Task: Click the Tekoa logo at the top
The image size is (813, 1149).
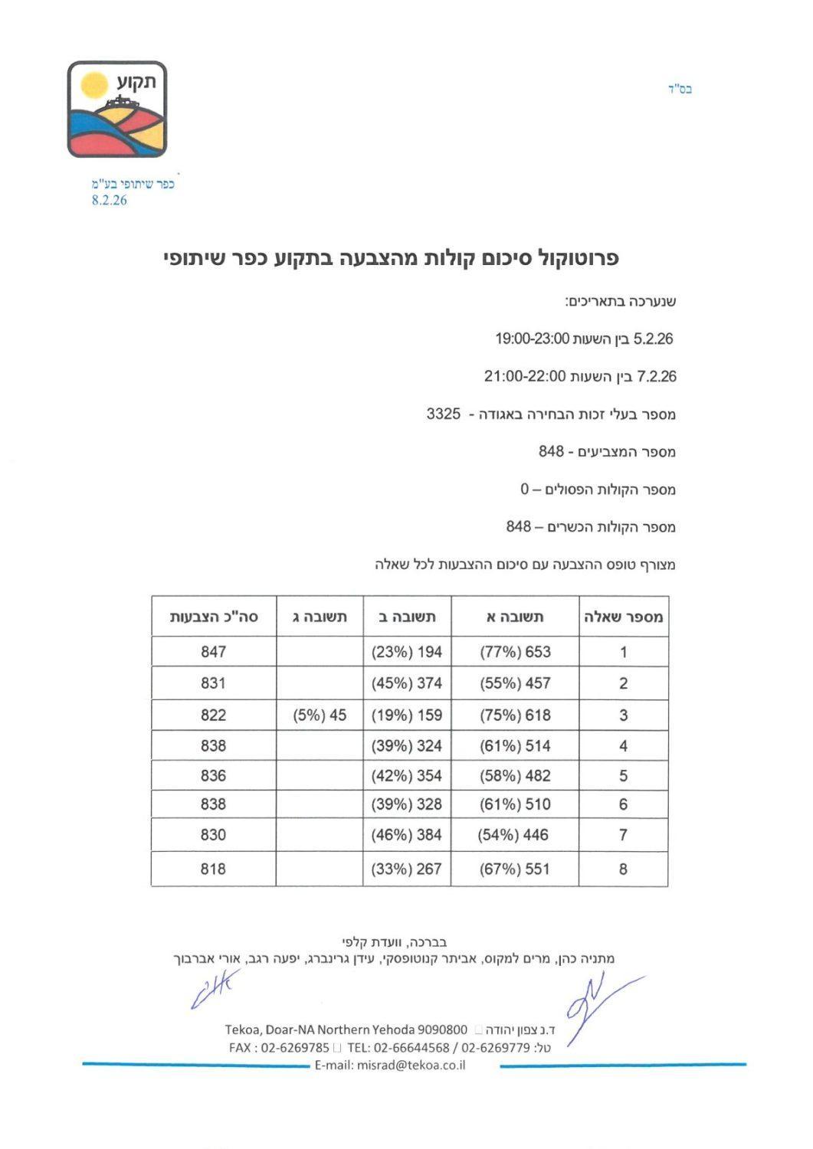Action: (x=116, y=109)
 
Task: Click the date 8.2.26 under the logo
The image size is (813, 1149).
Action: (x=109, y=201)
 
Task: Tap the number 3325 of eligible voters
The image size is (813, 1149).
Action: (x=444, y=414)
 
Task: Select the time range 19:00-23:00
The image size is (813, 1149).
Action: (x=530, y=339)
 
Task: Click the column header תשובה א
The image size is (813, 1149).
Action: (x=515, y=617)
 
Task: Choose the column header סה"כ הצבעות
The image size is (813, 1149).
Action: (x=214, y=617)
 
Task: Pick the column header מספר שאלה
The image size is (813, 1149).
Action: (x=623, y=617)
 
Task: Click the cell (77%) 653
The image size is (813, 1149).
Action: (x=515, y=652)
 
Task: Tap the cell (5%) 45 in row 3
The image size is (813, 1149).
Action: (x=320, y=715)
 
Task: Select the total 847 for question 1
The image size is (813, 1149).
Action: (x=214, y=652)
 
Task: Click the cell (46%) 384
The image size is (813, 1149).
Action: (x=407, y=835)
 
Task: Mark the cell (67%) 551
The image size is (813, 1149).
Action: (x=515, y=869)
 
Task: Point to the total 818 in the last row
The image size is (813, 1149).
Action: (x=214, y=869)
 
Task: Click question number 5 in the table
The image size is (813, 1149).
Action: (x=623, y=776)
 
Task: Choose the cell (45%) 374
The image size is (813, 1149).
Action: (x=407, y=683)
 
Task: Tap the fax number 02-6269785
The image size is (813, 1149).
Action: (x=295, y=1047)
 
